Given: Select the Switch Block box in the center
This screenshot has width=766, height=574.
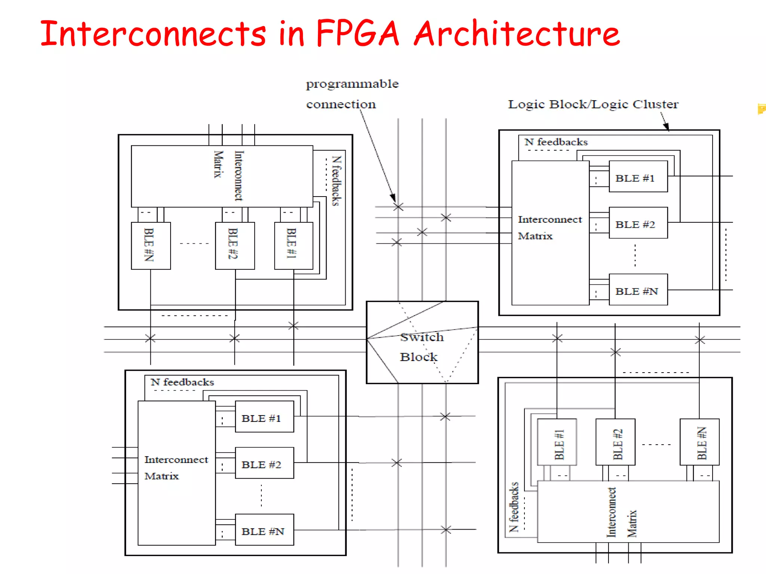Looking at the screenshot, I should click(422, 342).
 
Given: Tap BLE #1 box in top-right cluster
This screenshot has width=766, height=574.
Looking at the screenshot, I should click(638, 177).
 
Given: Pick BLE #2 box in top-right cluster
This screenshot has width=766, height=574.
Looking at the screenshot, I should click(638, 223).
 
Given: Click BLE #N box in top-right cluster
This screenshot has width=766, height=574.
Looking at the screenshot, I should click(638, 290).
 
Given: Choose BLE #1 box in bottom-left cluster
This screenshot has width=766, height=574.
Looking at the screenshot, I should click(264, 417).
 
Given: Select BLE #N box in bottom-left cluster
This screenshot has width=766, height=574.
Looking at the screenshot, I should click(264, 530).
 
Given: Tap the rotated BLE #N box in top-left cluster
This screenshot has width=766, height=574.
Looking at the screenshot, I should click(151, 246).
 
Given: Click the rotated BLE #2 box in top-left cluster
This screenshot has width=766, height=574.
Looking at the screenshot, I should click(235, 246).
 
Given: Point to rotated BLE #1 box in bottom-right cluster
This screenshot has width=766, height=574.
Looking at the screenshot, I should click(557, 442).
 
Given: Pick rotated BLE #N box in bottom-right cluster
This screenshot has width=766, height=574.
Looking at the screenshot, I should click(699, 442).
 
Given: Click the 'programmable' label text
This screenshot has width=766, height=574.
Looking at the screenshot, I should click(352, 84).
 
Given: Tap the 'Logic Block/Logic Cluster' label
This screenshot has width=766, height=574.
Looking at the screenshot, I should click(593, 104).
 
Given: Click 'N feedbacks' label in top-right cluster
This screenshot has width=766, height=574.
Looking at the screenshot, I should click(556, 142).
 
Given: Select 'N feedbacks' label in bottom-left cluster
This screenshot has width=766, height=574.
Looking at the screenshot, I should click(182, 382).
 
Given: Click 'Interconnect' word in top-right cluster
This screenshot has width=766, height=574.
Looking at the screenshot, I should click(550, 219).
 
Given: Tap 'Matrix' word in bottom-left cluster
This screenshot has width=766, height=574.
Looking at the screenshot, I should click(162, 476).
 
